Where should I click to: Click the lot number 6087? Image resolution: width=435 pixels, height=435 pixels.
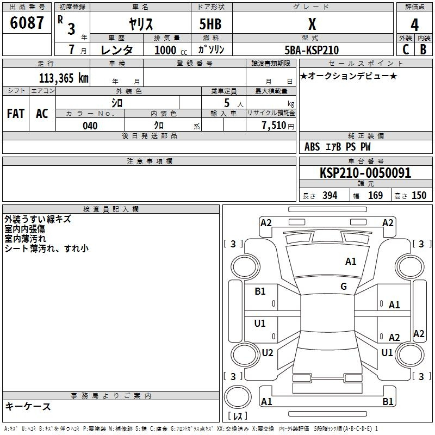27,22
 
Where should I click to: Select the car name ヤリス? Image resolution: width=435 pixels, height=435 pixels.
141,24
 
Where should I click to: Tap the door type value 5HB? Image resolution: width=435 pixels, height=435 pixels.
210,24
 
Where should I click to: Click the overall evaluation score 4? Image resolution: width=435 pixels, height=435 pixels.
414,25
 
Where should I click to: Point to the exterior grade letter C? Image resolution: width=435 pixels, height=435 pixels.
406,49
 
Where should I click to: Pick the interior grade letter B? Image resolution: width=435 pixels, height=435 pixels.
423,49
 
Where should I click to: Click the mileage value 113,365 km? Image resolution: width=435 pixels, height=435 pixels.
64,78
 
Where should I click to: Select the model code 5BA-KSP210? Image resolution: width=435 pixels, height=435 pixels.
312,50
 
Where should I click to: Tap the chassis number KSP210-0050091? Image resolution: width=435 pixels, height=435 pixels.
365,173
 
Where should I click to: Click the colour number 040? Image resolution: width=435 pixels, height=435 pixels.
90,126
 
